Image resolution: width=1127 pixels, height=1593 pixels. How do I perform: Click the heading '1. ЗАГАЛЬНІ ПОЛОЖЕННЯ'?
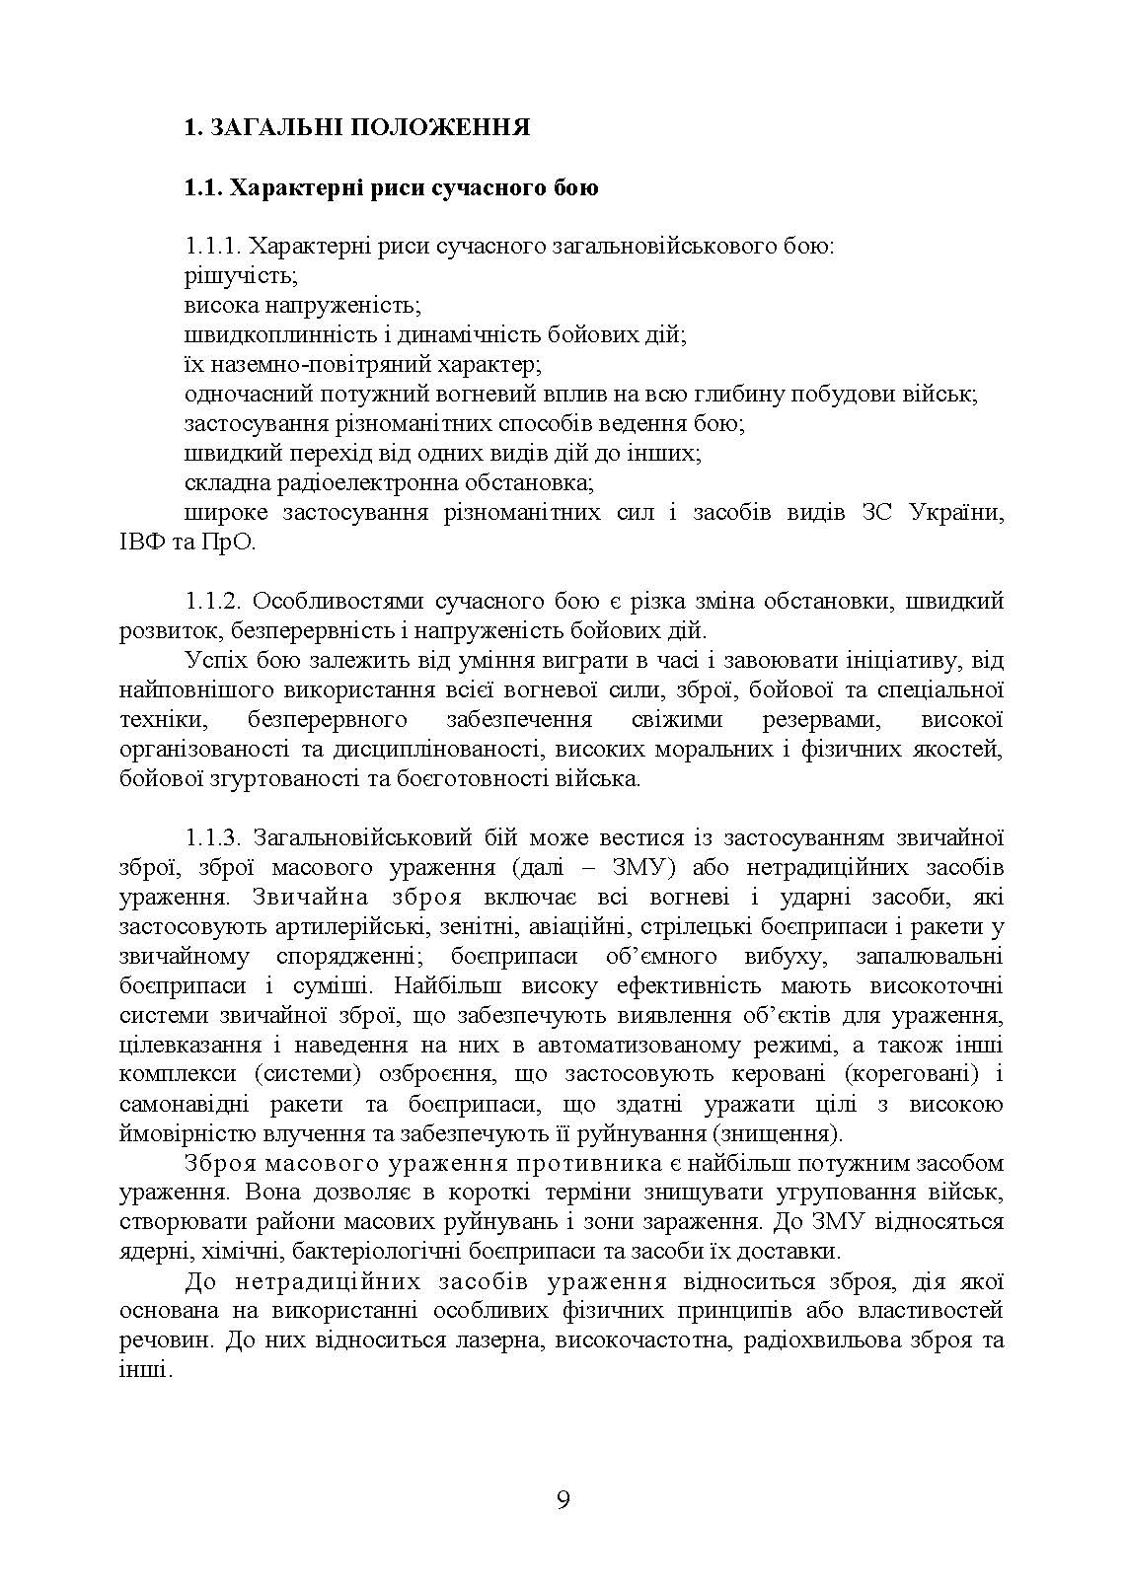click(356, 127)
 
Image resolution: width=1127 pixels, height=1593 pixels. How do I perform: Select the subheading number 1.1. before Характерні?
click(204, 186)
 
